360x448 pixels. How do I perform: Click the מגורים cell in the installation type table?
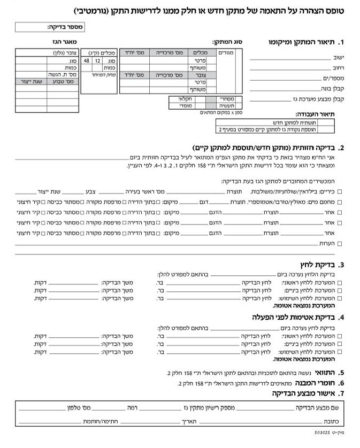(x=225, y=53)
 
